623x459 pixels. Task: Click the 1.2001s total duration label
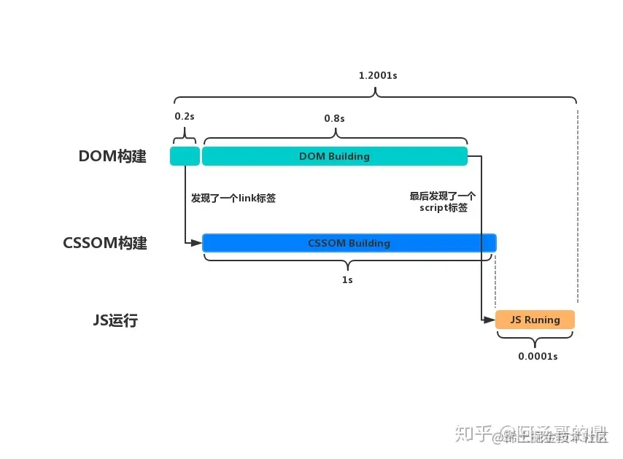pos(375,75)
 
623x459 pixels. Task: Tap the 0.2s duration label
pos(184,116)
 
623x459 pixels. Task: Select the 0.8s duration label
pos(334,117)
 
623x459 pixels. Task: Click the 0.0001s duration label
pos(538,355)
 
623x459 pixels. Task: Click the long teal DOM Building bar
pos(334,156)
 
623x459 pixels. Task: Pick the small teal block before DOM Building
pos(185,156)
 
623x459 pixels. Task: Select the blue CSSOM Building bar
pos(349,243)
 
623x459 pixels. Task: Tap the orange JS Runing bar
pos(535,320)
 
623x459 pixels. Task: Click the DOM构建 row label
pos(112,156)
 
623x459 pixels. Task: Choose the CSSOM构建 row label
pos(105,243)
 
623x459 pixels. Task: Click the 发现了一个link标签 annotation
pos(233,198)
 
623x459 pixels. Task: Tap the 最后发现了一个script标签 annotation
pos(443,201)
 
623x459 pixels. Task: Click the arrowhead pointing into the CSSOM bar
pos(198,243)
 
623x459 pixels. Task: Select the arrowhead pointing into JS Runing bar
pos(491,320)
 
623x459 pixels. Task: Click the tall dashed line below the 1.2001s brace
pos(577,204)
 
